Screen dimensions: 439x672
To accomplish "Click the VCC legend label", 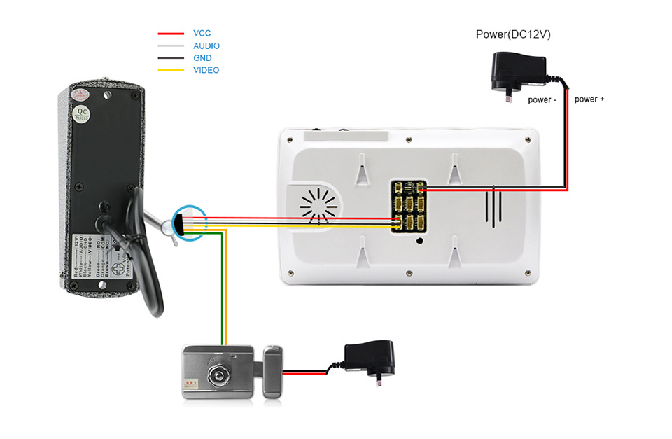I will click(x=202, y=33).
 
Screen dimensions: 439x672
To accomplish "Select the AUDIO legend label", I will click(x=206, y=46).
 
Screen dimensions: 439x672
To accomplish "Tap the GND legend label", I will click(x=202, y=58).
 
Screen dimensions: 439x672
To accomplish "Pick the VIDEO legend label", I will click(x=206, y=70).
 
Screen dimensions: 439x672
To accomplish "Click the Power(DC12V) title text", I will click(x=513, y=34).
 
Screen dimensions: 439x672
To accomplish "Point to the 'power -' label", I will click(x=542, y=100).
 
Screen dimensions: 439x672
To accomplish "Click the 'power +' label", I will click(x=589, y=99).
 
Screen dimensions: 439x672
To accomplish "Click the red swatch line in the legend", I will click(x=171, y=33).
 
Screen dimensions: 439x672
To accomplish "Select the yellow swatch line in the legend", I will click(x=171, y=70).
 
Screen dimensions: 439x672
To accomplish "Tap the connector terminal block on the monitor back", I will click(x=409, y=206).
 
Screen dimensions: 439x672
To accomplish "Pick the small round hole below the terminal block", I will click(x=419, y=242).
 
